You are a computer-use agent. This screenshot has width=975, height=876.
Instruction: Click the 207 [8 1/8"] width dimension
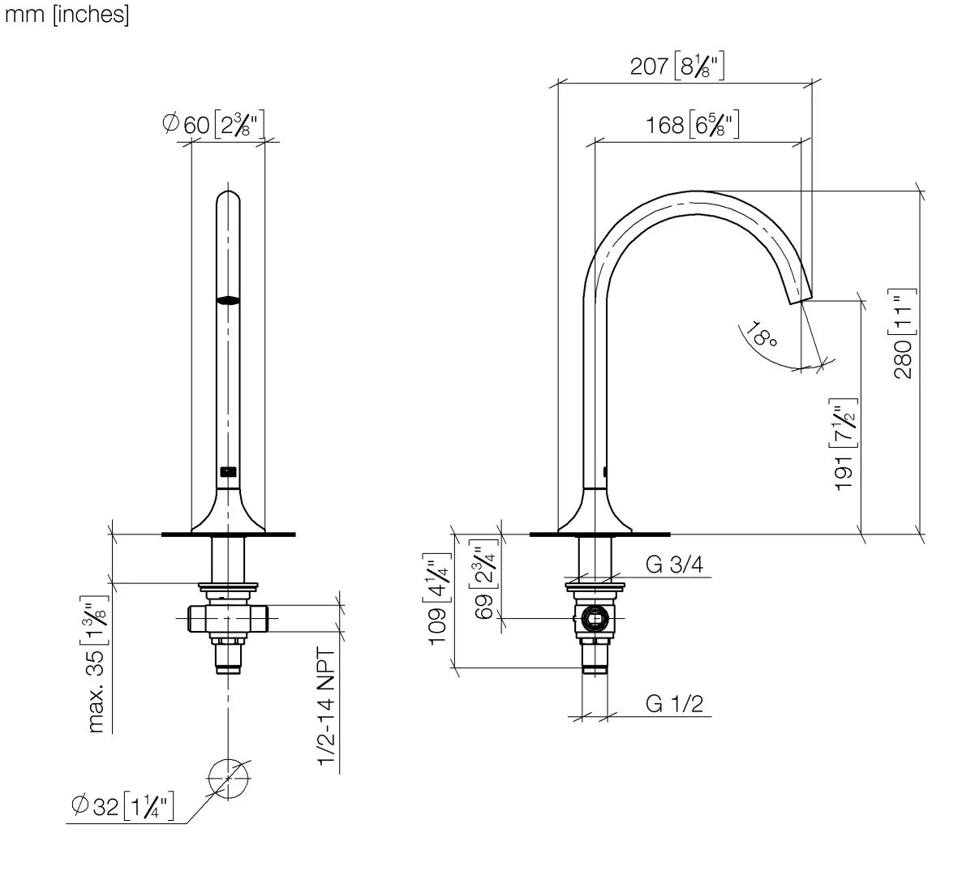tap(676, 66)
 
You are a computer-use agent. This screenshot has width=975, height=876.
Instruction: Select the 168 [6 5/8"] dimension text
tap(692, 125)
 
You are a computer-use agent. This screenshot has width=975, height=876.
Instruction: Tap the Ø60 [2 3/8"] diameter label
tap(213, 124)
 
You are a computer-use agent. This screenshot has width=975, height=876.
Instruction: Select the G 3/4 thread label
tap(674, 564)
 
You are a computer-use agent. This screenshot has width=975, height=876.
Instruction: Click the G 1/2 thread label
tap(674, 704)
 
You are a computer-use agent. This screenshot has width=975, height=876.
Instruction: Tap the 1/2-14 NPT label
tap(326, 706)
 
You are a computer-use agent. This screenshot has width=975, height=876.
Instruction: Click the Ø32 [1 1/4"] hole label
tap(122, 805)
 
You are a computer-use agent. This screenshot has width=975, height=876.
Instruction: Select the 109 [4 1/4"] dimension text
tap(437, 599)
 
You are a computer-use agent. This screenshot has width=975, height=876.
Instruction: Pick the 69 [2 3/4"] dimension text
tap(483, 579)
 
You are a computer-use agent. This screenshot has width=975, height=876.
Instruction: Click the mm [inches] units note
tap(67, 15)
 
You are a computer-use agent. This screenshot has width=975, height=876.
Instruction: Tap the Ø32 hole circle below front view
tap(228, 779)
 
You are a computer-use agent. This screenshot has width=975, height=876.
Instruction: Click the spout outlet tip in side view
tap(801, 299)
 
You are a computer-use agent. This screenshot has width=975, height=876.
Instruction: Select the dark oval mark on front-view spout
tap(228, 301)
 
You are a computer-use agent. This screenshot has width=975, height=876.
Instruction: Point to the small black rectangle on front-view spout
tap(228, 472)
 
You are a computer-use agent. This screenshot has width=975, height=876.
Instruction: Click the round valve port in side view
tap(595, 618)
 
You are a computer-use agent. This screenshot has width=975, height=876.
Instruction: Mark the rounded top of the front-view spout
tap(228, 192)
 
